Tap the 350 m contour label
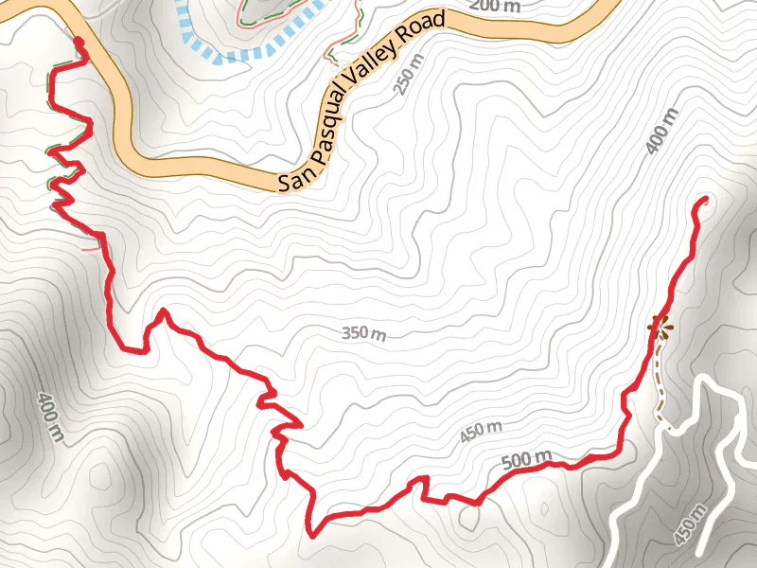click(x=363, y=333)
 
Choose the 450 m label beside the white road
click(x=691, y=526)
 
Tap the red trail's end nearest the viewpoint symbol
click(x=705, y=200)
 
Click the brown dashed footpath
click(x=660, y=388)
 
